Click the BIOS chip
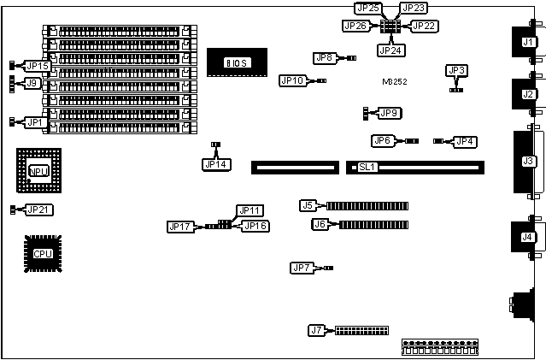coord(236,62)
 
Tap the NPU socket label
coord(38,172)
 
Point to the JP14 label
coord(216,163)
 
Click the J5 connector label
coord(309,205)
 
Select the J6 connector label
coord(321,225)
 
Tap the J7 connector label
coord(317,329)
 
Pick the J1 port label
coord(528,42)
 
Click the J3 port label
coord(528,161)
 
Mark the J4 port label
coord(528,237)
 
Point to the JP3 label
coord(457,71)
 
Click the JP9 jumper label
coord(390,113)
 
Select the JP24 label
coord(390,50)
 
